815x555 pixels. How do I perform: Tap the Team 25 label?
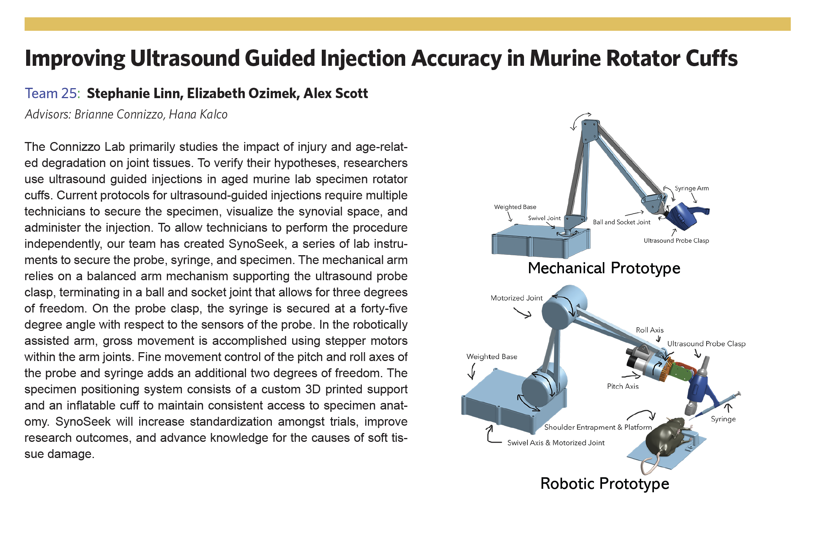(51, 94)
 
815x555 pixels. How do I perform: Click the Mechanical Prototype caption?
(604, 268)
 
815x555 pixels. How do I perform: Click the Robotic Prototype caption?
(604, 484)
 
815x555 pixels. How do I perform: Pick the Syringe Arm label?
(692, 188)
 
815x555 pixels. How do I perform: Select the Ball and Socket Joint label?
(621, 222)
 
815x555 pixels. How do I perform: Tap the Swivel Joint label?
(544, 218)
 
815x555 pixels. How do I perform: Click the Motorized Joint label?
(516, 298)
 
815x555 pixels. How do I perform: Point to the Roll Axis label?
(649, 330)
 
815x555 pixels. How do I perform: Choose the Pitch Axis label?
(622, 386)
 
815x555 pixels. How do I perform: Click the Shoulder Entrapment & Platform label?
(598, 427)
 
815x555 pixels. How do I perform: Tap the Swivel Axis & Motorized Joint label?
(556, 443)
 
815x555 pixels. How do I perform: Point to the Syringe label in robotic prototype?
(723, 419)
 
